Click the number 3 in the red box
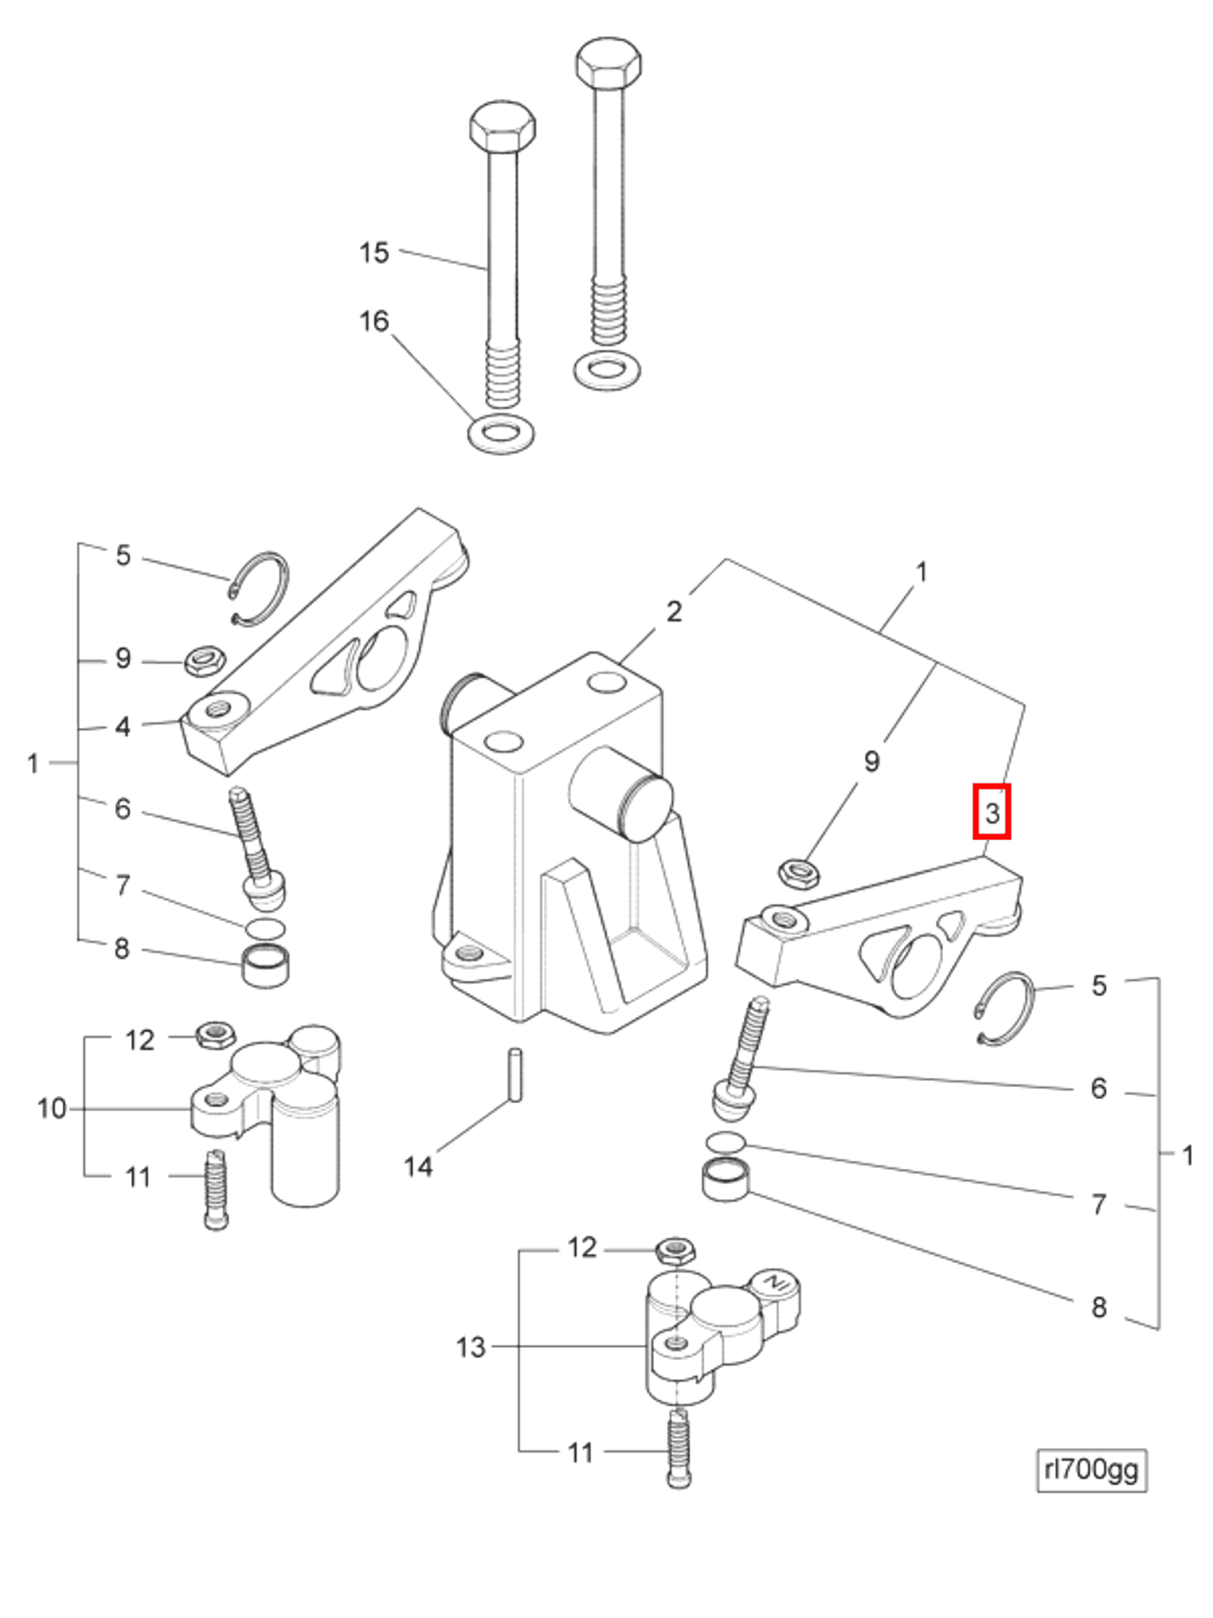991,812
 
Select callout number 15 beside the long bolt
373,253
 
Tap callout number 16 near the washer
373,321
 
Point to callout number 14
418,1166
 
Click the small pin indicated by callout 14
516,1075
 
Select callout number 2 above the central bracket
674,612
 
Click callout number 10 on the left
52,1108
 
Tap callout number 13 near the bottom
470,1346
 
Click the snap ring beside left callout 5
261,589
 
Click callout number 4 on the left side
122,727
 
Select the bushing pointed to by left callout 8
265,966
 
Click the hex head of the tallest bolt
609,64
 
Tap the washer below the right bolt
607,370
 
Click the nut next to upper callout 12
214,1034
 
